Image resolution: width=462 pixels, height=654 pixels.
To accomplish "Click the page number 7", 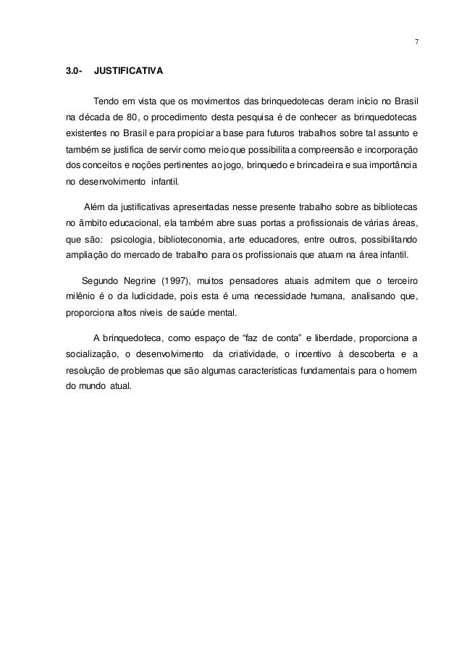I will point(416,41).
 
